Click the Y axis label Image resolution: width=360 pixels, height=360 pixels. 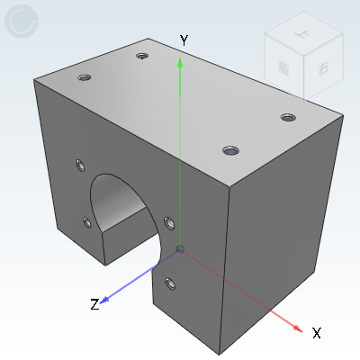(183, 40)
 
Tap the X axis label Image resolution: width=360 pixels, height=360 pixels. (316, 333)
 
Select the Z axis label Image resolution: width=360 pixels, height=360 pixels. (94, 304)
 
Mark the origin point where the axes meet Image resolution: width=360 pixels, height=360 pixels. (181, 249)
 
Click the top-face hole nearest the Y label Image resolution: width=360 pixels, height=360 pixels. (142, 56)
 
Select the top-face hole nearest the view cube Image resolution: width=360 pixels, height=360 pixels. (288, 117)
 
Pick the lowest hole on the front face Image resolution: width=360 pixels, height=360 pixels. (169, 284)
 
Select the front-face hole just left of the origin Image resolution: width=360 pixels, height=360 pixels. (168, 221)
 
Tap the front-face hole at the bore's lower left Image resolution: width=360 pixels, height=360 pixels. (86, 221)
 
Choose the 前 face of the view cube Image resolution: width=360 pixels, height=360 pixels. (284, 68)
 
